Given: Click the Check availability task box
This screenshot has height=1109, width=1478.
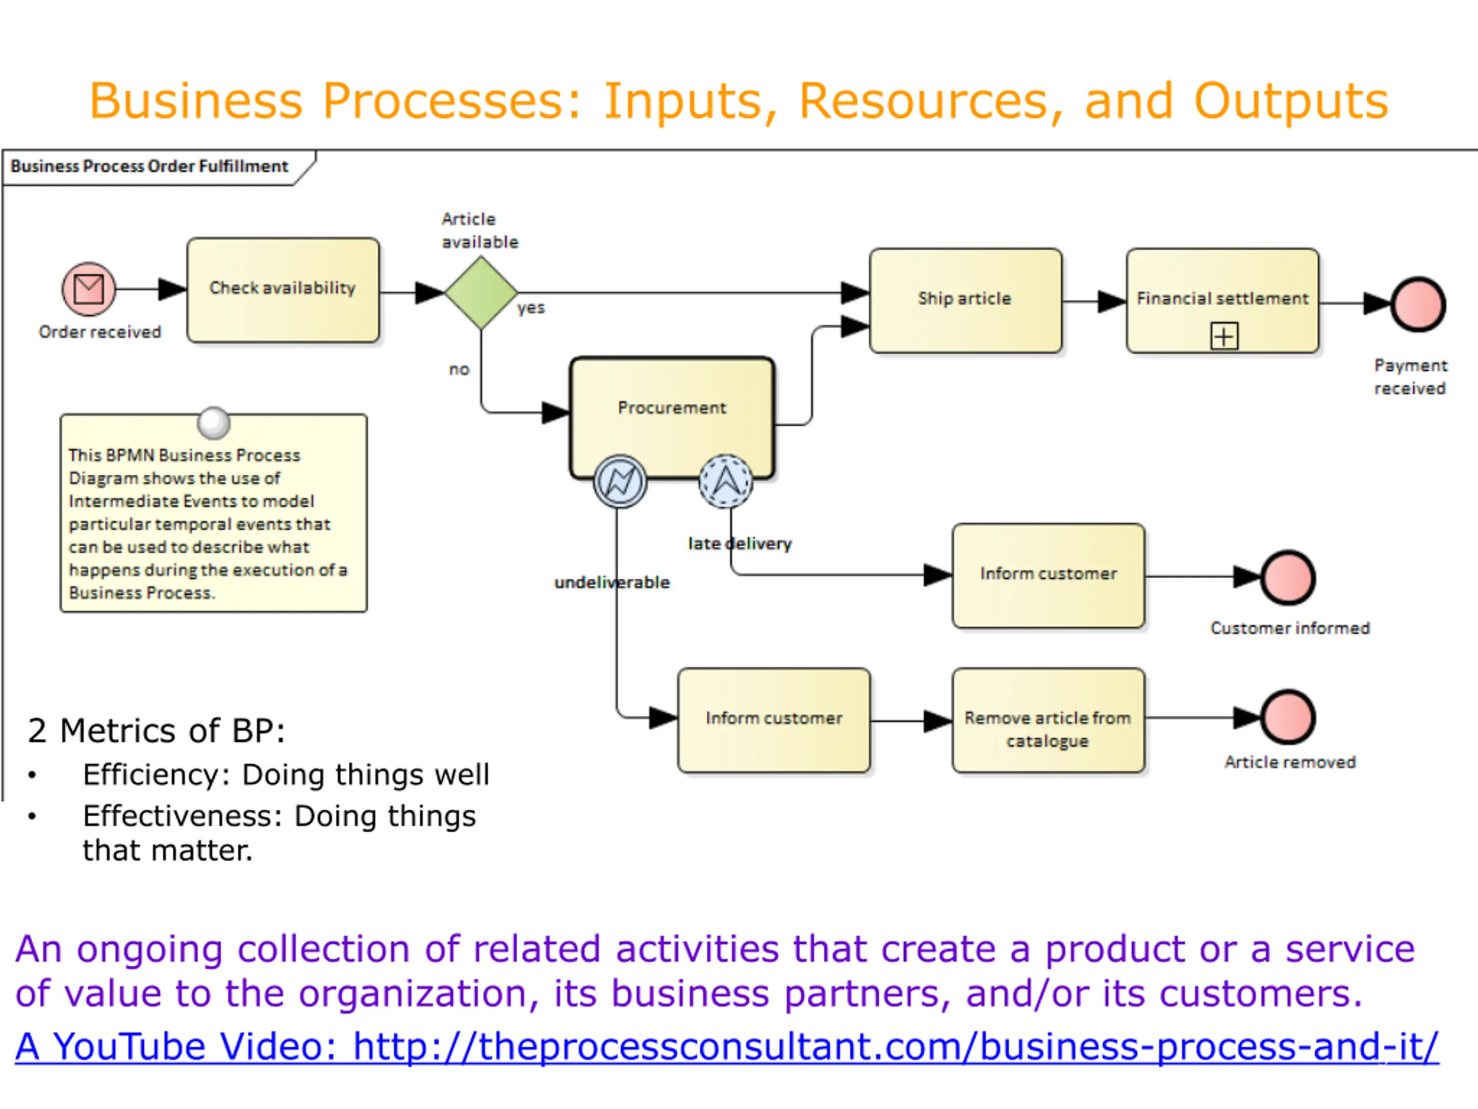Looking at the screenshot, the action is pyautogui.click(x=283, y=290).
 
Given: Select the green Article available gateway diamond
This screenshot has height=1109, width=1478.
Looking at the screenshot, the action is pyautogui.click(x=481, y=292).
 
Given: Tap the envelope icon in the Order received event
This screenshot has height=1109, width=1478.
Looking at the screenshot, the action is pyautogui.click(x=89, y=289).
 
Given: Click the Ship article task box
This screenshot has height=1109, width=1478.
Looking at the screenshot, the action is pyautogui.click(x=965, y=301).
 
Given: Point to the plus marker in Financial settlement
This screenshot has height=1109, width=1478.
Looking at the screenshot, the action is pyautogui.click(x=1224, y=336).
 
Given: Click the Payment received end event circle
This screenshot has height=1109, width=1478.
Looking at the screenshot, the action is pyautogui.click(x=1418, y=305).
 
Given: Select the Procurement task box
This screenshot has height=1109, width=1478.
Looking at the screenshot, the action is pyautogui.click(x=672, y=418).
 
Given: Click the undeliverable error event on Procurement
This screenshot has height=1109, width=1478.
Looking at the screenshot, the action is pyautogui.click(x=620, y=481).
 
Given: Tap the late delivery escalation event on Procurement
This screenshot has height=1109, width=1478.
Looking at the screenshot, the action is pyautogui.click(x=726, y=481).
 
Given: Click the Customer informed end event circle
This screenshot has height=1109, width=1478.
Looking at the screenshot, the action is pyautogui.click(x=1288, y=577).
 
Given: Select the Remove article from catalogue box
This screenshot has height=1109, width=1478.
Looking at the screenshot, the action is pyautogui.click(x=1048, y=721).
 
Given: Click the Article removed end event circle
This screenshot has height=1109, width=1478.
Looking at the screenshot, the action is pyautogui.click(x=1288, y=717).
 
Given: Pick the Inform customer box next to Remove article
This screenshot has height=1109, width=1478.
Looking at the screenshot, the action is pyautogui.click(x=774, y=721).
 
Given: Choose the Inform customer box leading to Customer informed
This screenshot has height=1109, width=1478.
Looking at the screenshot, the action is pyautogui.click(x=1048, y=575).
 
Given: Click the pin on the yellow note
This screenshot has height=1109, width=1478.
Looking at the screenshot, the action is pyautogui.click(x=214, y=423).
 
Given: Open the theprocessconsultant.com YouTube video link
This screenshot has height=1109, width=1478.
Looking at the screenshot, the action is pyautogui.click(x=726, y=1046).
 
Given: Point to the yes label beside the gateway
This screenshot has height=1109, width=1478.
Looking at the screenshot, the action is pyautogui.click(x=531, y=308).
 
